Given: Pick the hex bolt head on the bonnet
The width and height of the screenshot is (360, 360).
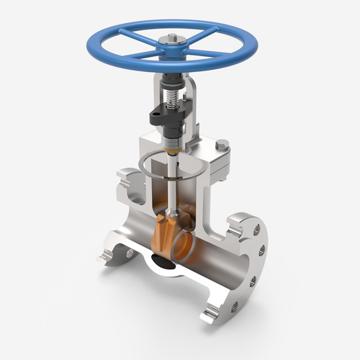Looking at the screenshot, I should click(x=222, y=146).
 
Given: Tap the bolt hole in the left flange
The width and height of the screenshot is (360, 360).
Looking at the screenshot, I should click(x=130, y=253).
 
